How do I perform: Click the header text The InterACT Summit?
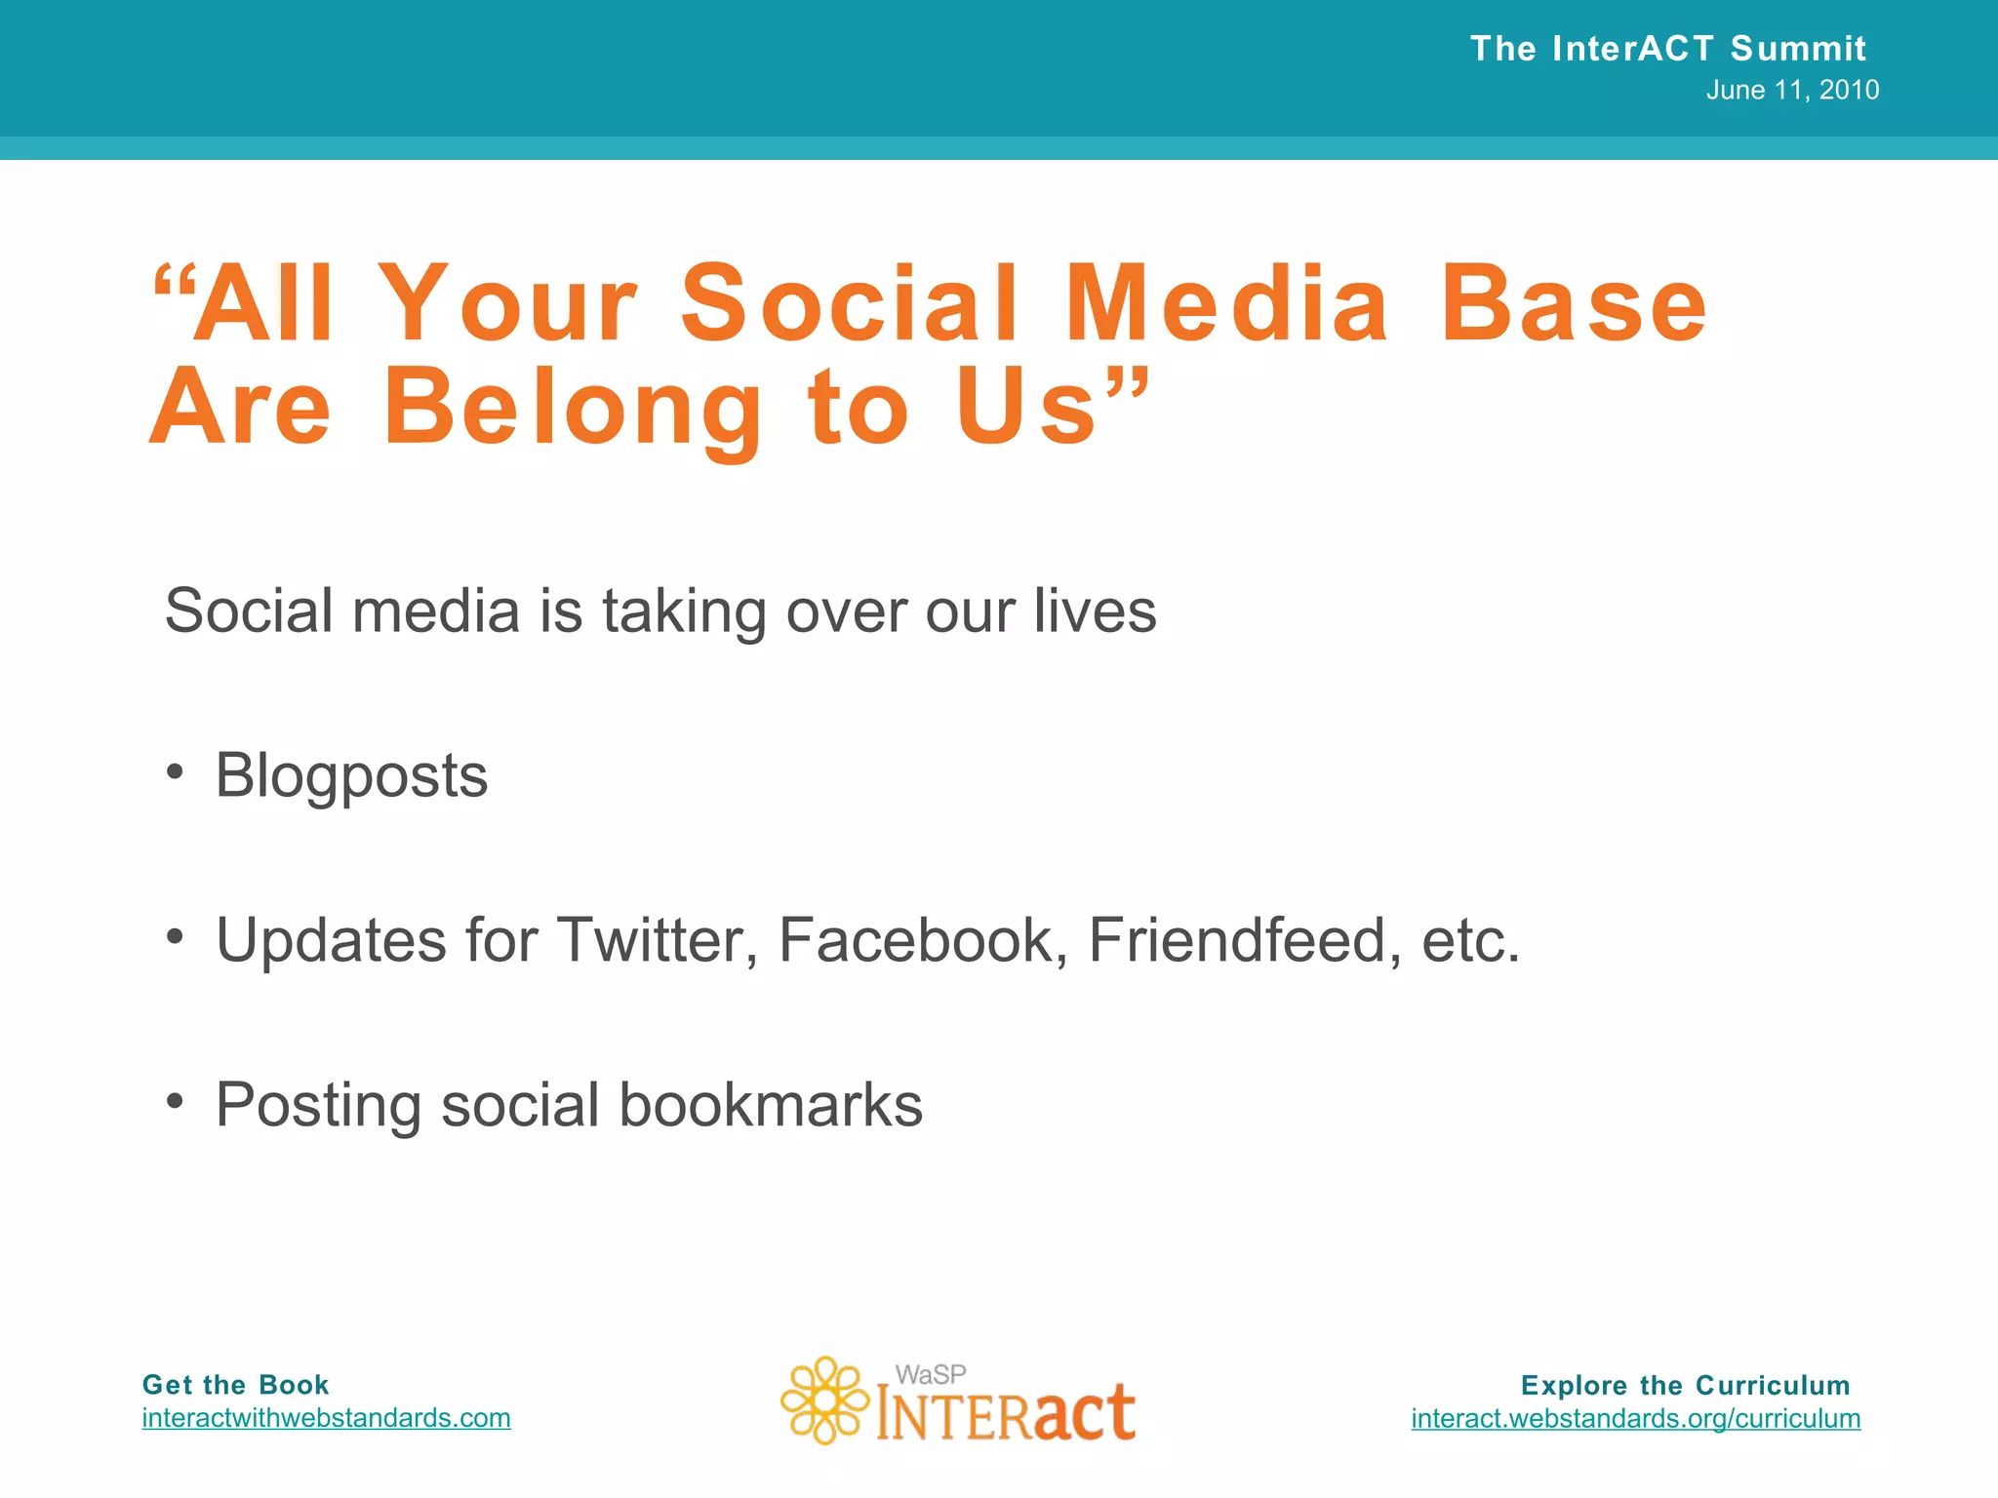click(1667, 49)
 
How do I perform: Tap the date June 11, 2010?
click(1792, 91)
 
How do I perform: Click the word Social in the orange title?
click(849, 304)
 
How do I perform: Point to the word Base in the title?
click(1573, 304)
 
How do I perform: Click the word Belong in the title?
click(573, 410)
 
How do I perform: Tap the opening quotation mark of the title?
click(174, 283)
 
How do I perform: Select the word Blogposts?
click(351, 776)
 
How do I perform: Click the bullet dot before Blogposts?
click(175, 772)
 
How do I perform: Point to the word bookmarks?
click(771, 1105)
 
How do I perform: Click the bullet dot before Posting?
click(175, 1102)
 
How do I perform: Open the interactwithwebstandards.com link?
click(326, 1418)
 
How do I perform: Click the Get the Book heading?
click(235, 1385)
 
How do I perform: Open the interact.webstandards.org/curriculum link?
click(1635, 1418)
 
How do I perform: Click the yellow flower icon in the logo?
click(824, 1400)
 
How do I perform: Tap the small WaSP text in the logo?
click(931, 1375)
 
